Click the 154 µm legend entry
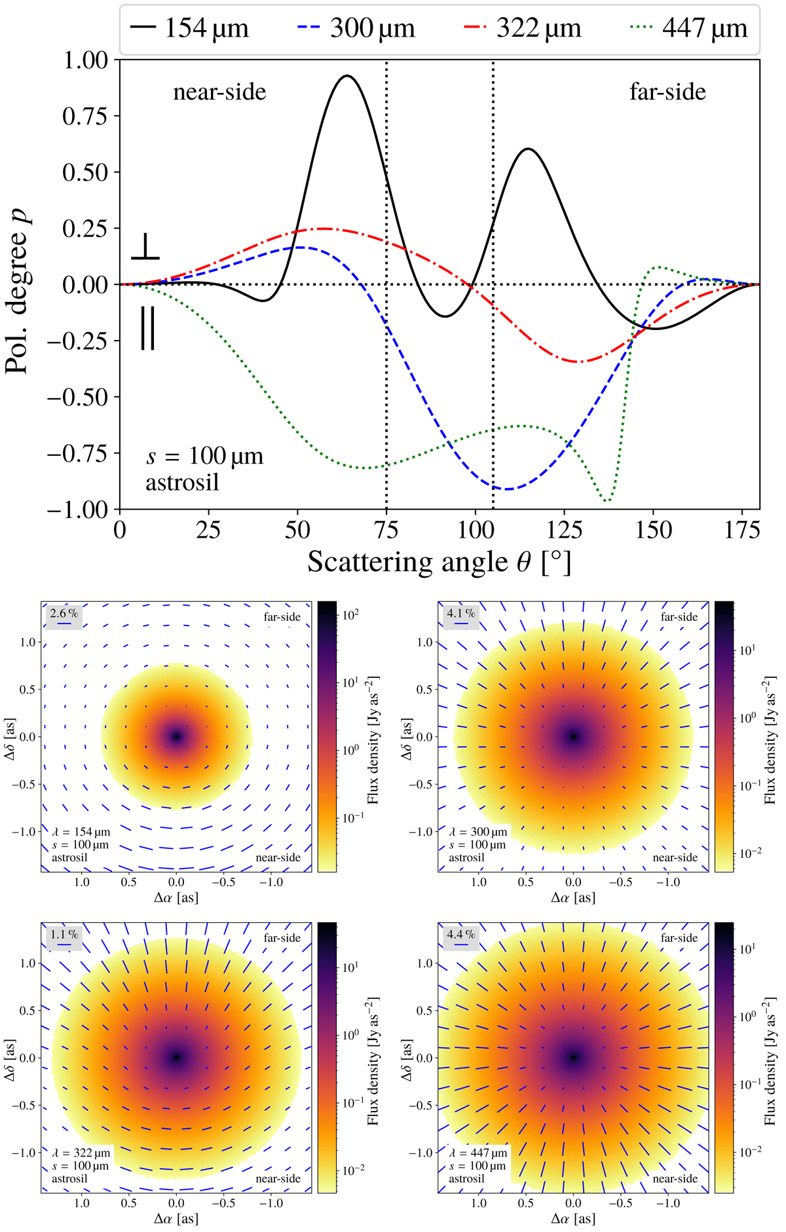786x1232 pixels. (x=190, y=29)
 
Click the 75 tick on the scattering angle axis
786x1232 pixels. (x=386, y=529)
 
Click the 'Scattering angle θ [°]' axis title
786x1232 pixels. (x=439, y=563)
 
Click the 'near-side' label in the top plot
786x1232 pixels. (x=219, y=92)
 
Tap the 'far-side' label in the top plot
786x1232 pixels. (x=667, y=92)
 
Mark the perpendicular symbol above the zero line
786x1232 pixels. (x=145, y=248)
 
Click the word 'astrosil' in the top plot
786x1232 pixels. (x=182, y=483)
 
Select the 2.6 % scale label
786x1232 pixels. (x=64, y=614)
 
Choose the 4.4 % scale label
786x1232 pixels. (x=461, y=935)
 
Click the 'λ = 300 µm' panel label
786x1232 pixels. (x=478, y=832)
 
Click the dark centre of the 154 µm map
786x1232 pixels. (x=176, y=737)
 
